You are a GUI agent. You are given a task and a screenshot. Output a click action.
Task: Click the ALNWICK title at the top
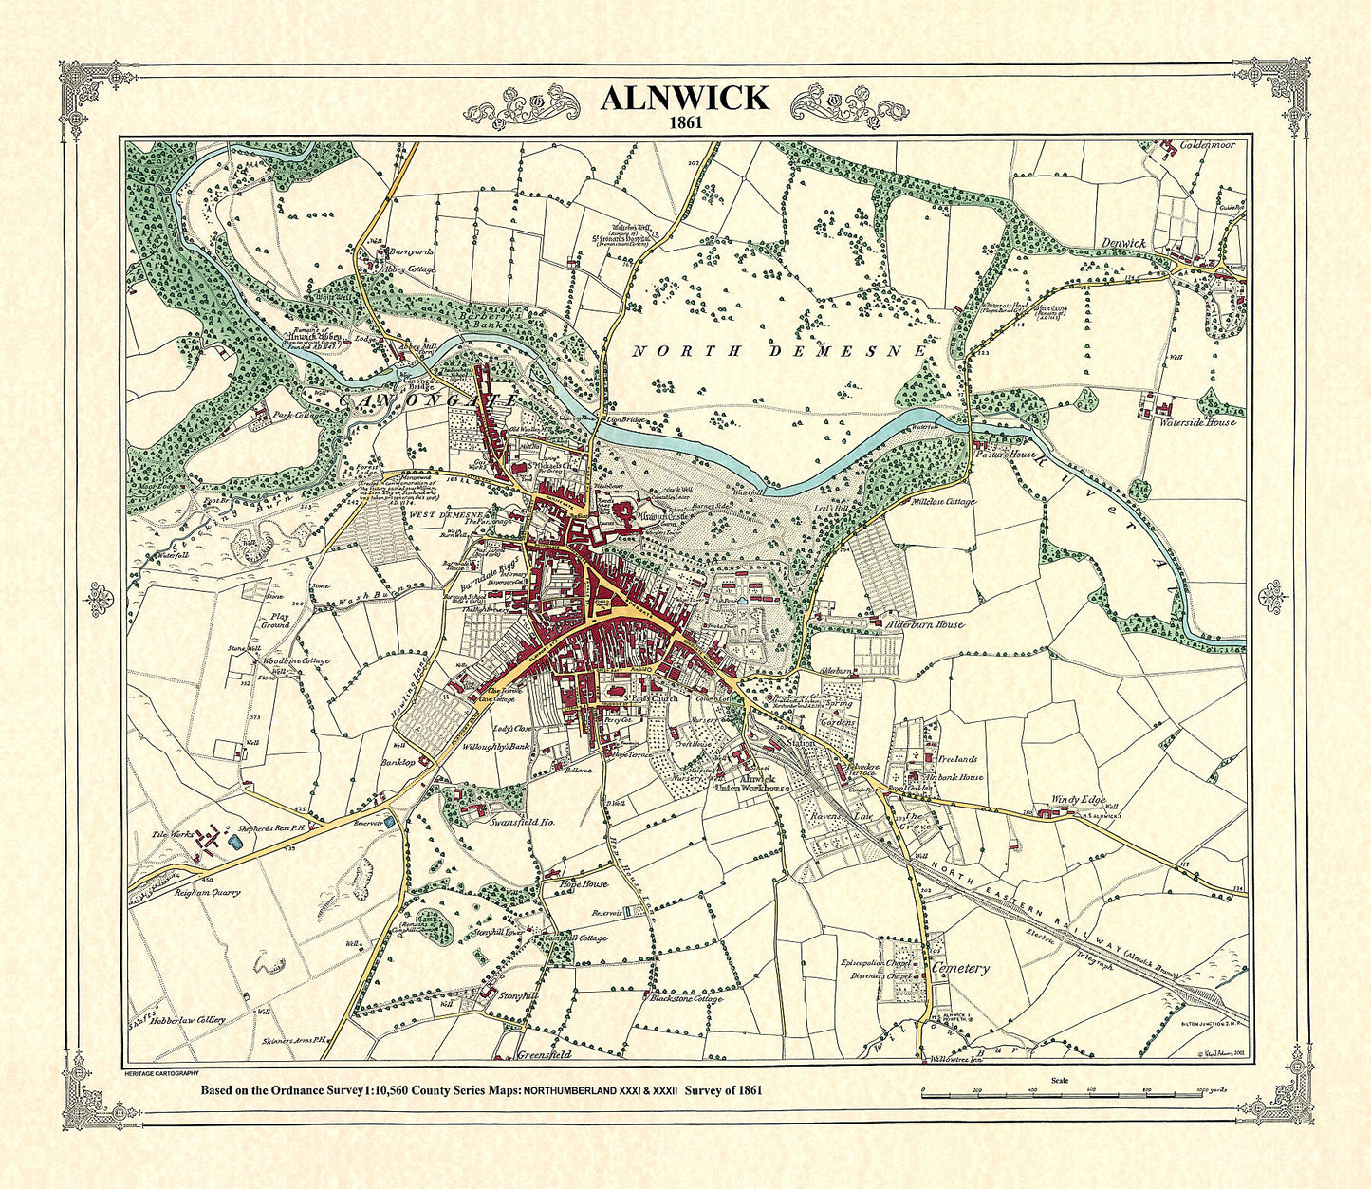(x=684, y=99)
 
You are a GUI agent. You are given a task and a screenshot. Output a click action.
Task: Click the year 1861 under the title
(x=684, y=123)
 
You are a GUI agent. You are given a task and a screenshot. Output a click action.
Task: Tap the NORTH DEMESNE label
(x=778, y=351)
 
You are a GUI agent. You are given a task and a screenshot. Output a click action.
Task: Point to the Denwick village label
(x=1124, y=243)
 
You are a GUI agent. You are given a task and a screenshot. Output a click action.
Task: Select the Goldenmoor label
(x=1207, y=146)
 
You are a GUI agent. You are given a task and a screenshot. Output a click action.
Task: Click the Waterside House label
(x=1197, y=421)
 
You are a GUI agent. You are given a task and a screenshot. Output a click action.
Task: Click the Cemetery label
(x=961, y=969)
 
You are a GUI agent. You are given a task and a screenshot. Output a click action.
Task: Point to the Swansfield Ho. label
(x=522, y=823)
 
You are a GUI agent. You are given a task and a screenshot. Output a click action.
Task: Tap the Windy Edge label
(x=1079, y=800)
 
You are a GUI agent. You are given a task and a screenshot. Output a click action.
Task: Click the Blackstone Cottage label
(x=687, y=998)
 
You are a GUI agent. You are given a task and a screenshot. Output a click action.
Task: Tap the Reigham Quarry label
(x=208, y=892)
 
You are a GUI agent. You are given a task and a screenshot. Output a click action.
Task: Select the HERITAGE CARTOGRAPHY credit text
(x=160, y=1071)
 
